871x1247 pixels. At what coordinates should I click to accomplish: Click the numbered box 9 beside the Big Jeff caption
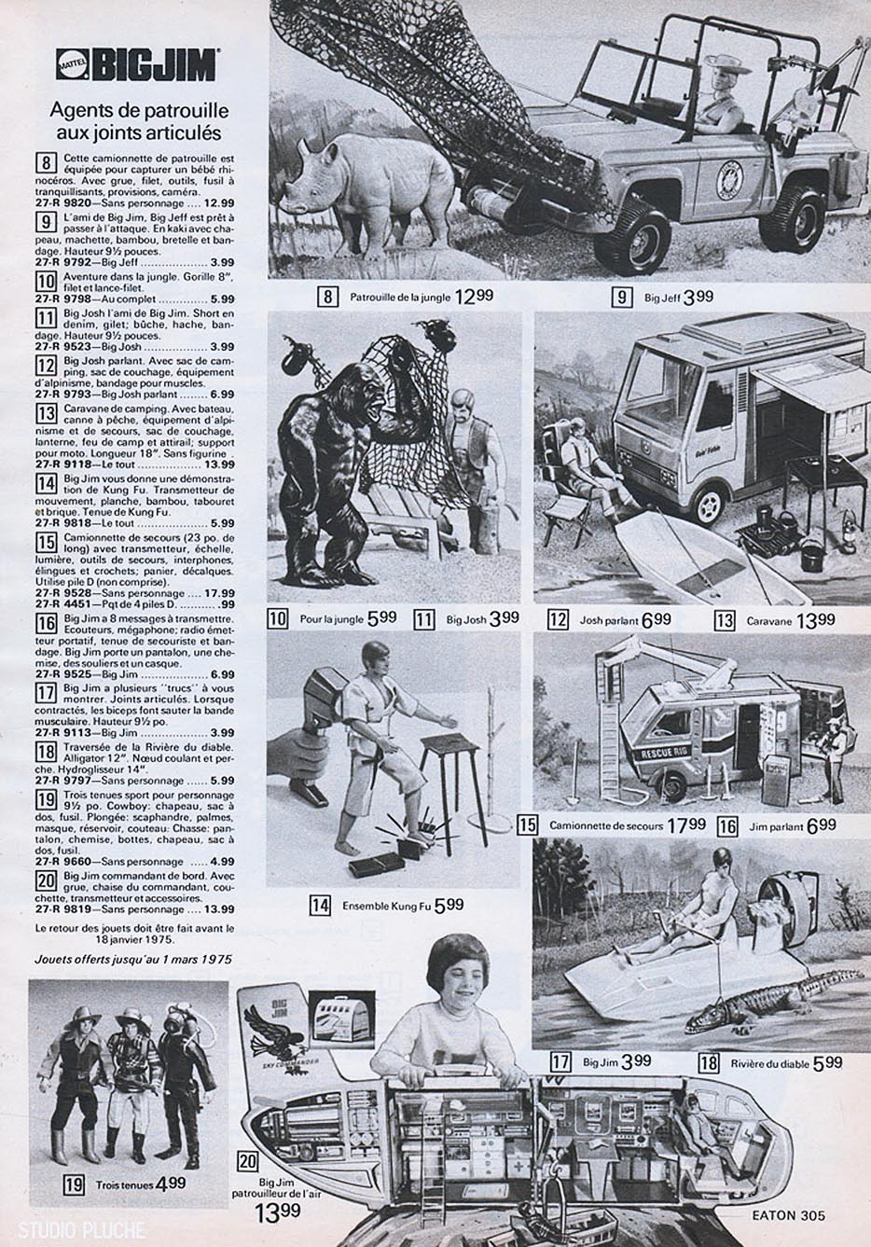coord(621,298)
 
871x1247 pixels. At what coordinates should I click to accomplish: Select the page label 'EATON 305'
coord(788,1215)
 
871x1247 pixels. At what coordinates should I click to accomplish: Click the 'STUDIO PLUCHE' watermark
coord(72,1230)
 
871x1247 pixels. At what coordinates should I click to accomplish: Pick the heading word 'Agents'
coord(79,111)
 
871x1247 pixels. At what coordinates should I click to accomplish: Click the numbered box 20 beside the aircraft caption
coord(248,1161)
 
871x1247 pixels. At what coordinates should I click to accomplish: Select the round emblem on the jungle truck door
coord(727,178)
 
